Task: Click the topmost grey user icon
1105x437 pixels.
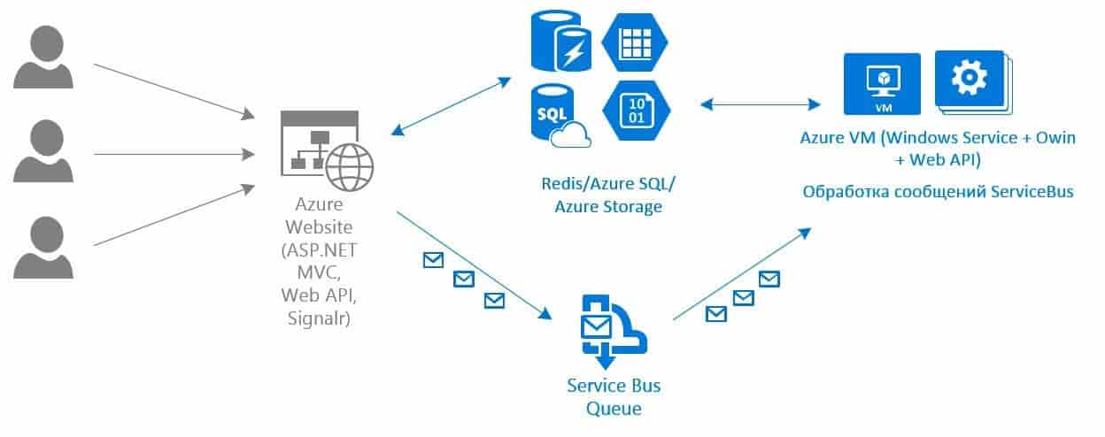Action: point(42,57)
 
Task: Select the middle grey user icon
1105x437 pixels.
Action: point(42,152)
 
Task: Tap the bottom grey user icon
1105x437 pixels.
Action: point(42,249)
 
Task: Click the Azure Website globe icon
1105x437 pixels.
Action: point(349,166)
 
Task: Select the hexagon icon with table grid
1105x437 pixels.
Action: point(636,42)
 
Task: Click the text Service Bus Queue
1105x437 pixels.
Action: point(614,397)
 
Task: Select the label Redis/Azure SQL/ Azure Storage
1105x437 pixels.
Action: point(607,195)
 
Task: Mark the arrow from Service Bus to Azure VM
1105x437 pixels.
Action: point(742,272)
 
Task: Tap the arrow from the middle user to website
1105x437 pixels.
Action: point(173,154)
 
